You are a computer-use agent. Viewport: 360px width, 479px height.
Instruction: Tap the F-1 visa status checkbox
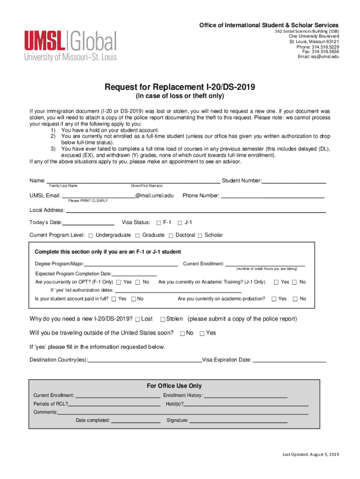pyautogui.click(x=158, y=222)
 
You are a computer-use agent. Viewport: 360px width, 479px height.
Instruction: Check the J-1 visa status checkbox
pyautogui.click(x=180, y=222)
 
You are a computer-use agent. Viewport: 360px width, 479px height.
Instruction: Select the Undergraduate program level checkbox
pyautogui.click(x=91, y=235)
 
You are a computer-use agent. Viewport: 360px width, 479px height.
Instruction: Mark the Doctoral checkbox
pyautogui.click(x=171, y=235)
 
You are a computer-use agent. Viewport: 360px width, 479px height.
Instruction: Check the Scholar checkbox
pyautogui.click(x=200, y=235)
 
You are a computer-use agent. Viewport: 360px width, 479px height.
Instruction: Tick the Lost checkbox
pyautogui.click(x=137, y=319)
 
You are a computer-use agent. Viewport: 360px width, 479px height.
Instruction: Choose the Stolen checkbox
pyautogui.click(x=162, y=319)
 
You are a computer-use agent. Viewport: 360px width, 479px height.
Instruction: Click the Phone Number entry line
pyautogui.click(x=272, y=196)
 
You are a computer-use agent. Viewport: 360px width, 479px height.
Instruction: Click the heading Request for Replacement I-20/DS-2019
pyautogui.click(x=180, y=87)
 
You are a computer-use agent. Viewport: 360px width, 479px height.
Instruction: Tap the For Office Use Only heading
pyautogui.click(x=174, y=386)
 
